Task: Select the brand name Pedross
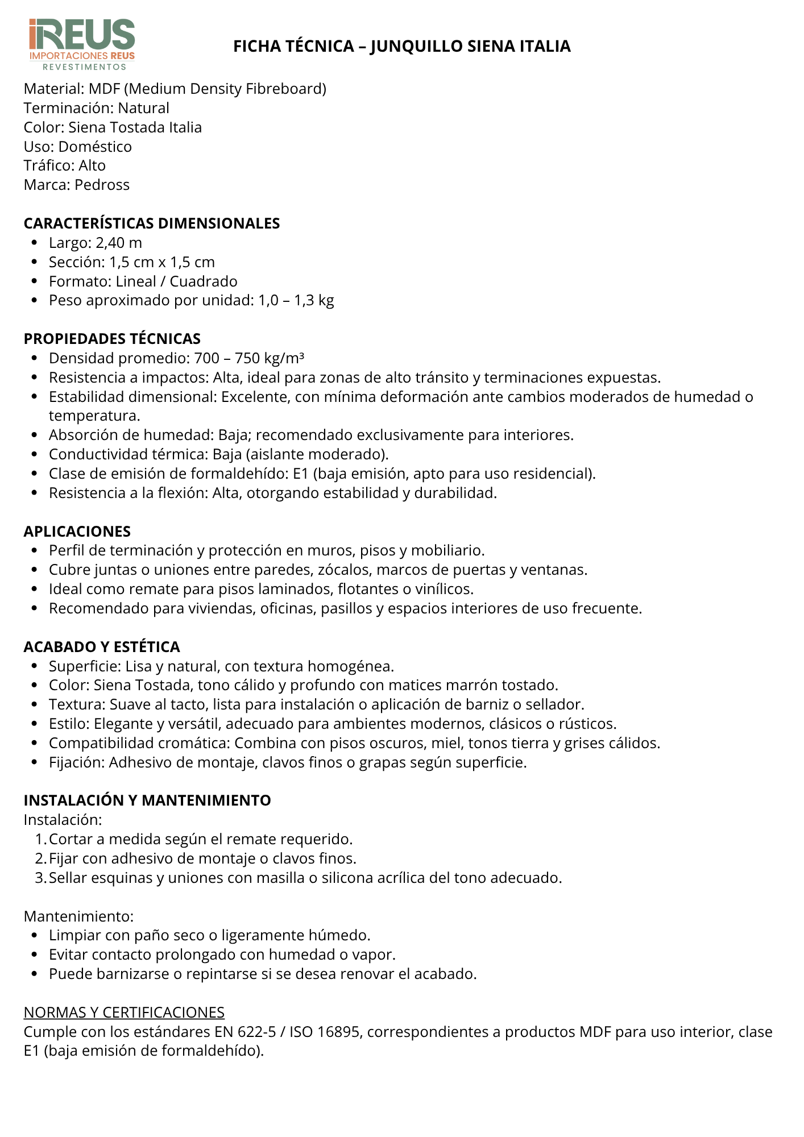102,185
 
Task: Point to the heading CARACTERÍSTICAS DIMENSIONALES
152,223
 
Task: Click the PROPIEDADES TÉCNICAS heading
112,339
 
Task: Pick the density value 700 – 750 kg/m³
249,358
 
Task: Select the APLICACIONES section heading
77,532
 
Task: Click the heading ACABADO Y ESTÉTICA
102,647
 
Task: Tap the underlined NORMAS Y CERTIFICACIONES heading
124,1012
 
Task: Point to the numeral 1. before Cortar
40,839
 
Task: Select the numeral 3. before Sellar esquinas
40,878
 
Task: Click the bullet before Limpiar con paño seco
35,936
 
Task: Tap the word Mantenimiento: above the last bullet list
78,916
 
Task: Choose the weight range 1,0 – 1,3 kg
296,300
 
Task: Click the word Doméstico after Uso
95,147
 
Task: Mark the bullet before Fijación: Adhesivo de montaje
35,762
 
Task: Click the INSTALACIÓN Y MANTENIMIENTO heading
147,800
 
